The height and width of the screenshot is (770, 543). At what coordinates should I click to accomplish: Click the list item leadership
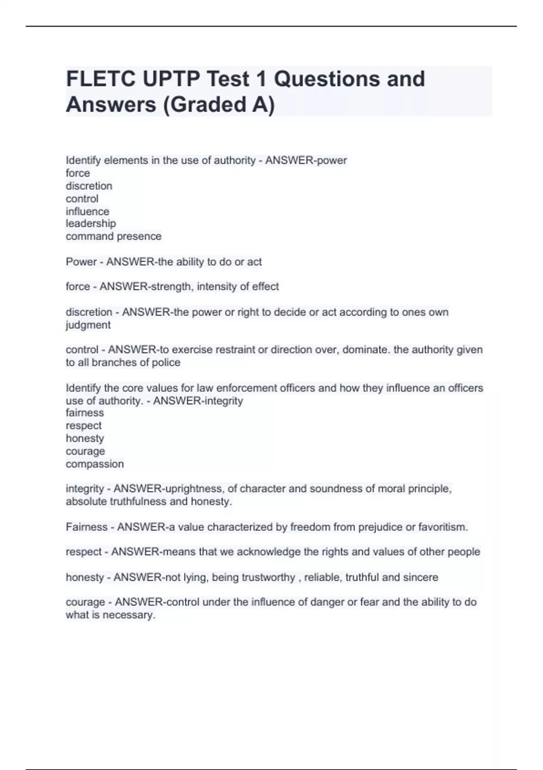coord(90,223)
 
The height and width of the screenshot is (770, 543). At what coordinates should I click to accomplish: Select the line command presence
coord(114,236)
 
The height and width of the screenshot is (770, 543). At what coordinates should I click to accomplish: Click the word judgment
coord(88,325)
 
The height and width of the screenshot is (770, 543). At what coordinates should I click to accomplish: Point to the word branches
coord(112,362)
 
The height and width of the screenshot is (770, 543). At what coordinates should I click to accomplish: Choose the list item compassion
coord(95,464)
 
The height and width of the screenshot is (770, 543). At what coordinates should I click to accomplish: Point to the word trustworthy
coord(268,577)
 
